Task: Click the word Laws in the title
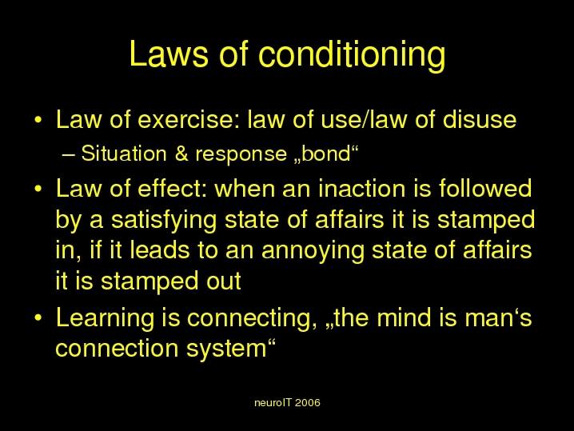tap(169, 54)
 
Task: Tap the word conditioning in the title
tap(353, 56)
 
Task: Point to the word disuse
tap(480, 119)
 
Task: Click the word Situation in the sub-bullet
tap(124, 153)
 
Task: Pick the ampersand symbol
tap(181, 154)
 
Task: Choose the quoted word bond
tap(326, 154)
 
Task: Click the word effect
tap(172, 188)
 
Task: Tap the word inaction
tap(361, 188)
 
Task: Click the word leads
tap(160, 249)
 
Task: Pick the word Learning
tap(105, 318)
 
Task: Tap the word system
tap(226, 349)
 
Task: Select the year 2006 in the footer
tap(307, 403)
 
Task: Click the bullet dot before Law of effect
tap(38, 189)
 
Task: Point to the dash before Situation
tap(69, 155)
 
